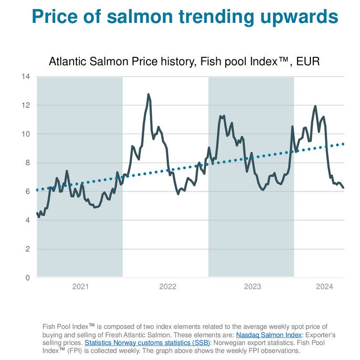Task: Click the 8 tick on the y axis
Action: point(28,163)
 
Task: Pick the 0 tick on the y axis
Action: point(28,277)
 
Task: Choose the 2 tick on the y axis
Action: point(28,249)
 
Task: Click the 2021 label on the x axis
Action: point(80,286)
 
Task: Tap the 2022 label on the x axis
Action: point(168,286)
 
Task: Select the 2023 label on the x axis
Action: point(253,286)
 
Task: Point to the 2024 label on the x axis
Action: point(325,286)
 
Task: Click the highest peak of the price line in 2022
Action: point(148,95)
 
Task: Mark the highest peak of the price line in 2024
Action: point(315,106)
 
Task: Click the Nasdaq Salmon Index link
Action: point(265,335)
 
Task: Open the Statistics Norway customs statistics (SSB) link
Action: point(147,343)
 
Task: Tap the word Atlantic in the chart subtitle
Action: point(67,62)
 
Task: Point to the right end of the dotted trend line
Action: point(343,144)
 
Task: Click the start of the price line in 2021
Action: point(37,213)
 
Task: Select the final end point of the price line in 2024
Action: point(344,188)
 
